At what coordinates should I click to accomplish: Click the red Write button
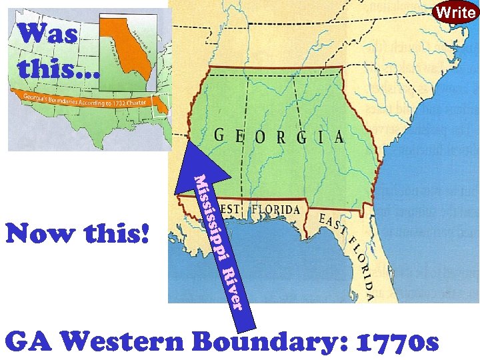coord(456,11)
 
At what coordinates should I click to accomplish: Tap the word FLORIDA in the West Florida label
coord(276,209)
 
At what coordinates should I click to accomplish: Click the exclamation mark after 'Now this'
coord(145,234)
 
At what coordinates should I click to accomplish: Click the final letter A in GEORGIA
coord(339,137)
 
